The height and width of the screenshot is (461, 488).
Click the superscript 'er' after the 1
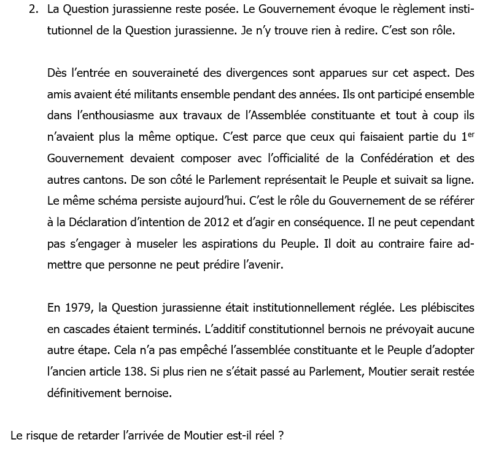click(469, 133)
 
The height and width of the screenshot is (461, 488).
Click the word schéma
click(107, 201)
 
